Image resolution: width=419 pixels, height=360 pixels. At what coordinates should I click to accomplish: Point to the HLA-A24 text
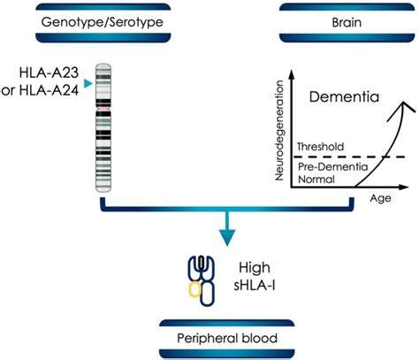coord(50,90)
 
